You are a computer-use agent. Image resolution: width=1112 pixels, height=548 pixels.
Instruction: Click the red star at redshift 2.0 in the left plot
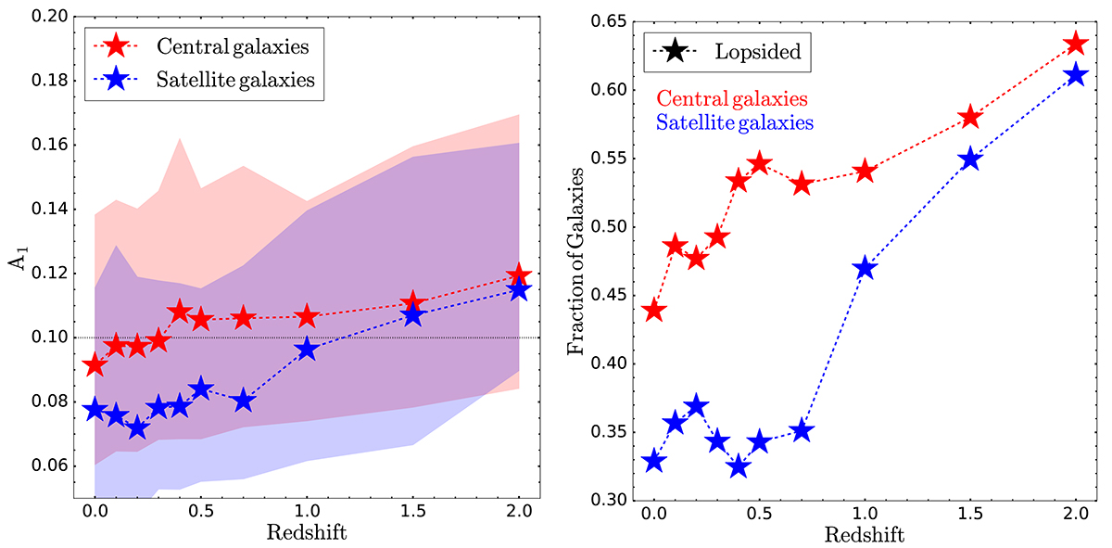[x=519, y=275]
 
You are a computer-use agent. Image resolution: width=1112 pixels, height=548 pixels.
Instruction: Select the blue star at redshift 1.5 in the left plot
[x=413, y=315]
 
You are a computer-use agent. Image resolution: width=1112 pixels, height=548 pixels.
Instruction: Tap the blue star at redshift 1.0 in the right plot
[x=865, y=269]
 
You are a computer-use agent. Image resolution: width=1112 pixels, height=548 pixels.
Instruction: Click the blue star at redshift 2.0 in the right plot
[x=1075, y=75]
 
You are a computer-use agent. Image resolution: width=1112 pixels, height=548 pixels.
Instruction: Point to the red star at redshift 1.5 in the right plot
[x=970, y=118]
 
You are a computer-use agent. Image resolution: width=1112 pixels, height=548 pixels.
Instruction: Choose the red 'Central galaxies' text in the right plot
[x=730, y=98]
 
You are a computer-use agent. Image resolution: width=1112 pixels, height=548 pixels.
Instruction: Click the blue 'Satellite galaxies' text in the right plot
[x=736, y=121]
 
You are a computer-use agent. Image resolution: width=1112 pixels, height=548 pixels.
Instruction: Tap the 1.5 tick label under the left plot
[x=413, y=511]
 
